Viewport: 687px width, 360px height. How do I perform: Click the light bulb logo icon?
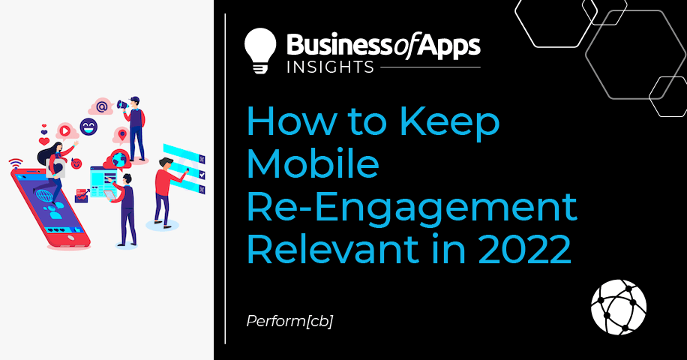(x=260, y=50)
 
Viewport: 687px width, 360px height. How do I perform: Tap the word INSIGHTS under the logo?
(x=330, y=67)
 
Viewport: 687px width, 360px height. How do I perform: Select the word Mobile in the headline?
(x=313, y=163)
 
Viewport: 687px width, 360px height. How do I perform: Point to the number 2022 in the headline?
(x=524, y=249)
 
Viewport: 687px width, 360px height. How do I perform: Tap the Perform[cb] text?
(x=289, y=321)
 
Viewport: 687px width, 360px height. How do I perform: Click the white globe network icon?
(x=618, y=307)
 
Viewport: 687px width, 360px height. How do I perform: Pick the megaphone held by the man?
(x=121, y=105)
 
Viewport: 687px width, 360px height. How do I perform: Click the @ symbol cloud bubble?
(x=102, y=106)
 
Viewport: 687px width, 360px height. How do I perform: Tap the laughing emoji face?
(x=88, y=127)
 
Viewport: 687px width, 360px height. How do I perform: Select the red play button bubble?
(x=64, y=130)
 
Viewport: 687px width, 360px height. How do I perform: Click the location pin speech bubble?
(x=122, y=135)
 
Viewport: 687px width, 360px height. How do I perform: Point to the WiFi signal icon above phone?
(x=15, y=163)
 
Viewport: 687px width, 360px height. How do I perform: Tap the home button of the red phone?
(x=70, y=237)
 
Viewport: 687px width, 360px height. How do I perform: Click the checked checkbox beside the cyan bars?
(x=202, y=174)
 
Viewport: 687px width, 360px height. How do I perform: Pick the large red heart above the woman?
(x=43, y=141)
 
